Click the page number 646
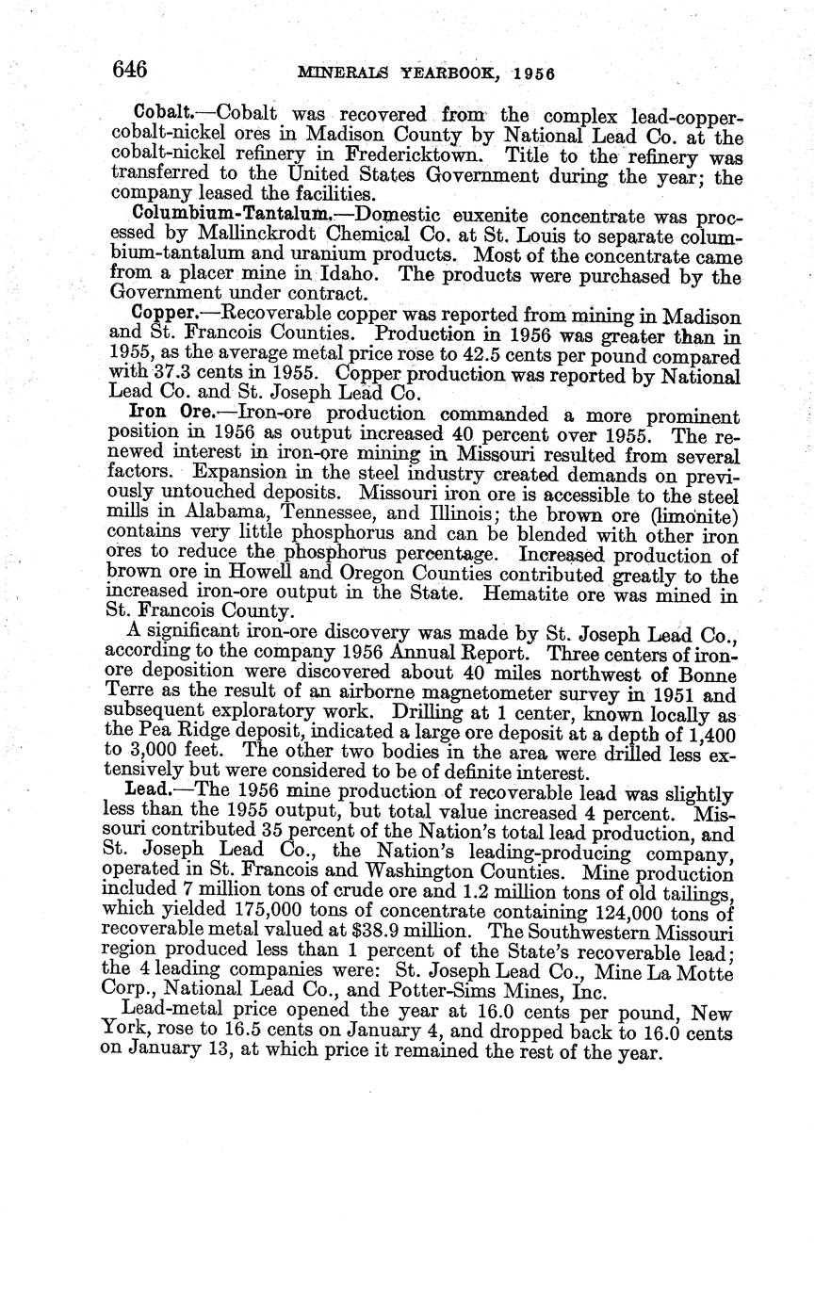(129, 70)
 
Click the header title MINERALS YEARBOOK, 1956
(425, 73)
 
